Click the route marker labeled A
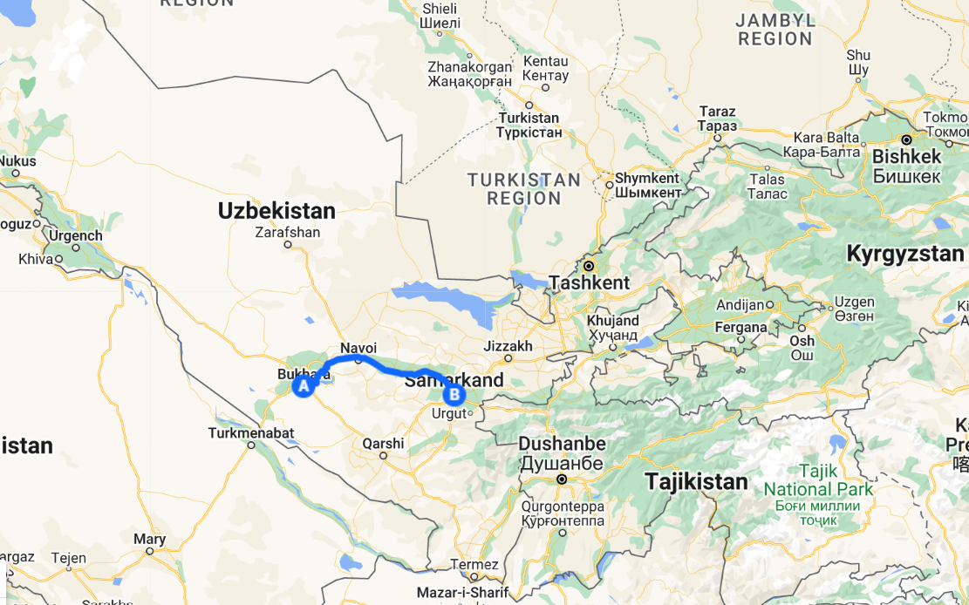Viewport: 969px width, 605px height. coord(303,385)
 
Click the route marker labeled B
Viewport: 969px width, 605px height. coord(454,395)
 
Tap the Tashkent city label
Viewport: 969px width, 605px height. coord(590,282)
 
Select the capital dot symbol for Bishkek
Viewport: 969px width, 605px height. coord(907,139)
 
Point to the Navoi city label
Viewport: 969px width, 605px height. coord(358,347)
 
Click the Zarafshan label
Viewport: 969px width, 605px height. coord(288,233)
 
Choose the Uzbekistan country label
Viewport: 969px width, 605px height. coord(276,211)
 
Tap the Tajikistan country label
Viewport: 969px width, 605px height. coord(696,481)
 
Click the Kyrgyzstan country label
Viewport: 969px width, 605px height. coord(905,255)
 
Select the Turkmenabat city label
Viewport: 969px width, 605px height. coord(251,432)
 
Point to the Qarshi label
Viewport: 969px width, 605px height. coord(384,443)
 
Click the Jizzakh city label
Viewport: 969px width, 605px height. coord(508,346)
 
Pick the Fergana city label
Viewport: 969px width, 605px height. coord(740,328)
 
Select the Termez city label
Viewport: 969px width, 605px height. coord(475,564)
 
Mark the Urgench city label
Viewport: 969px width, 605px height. coord(76,235)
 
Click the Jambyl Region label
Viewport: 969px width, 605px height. coord(775,30)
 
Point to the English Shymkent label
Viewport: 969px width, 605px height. coord(647,178)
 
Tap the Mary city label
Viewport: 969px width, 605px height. coord(149,540)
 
